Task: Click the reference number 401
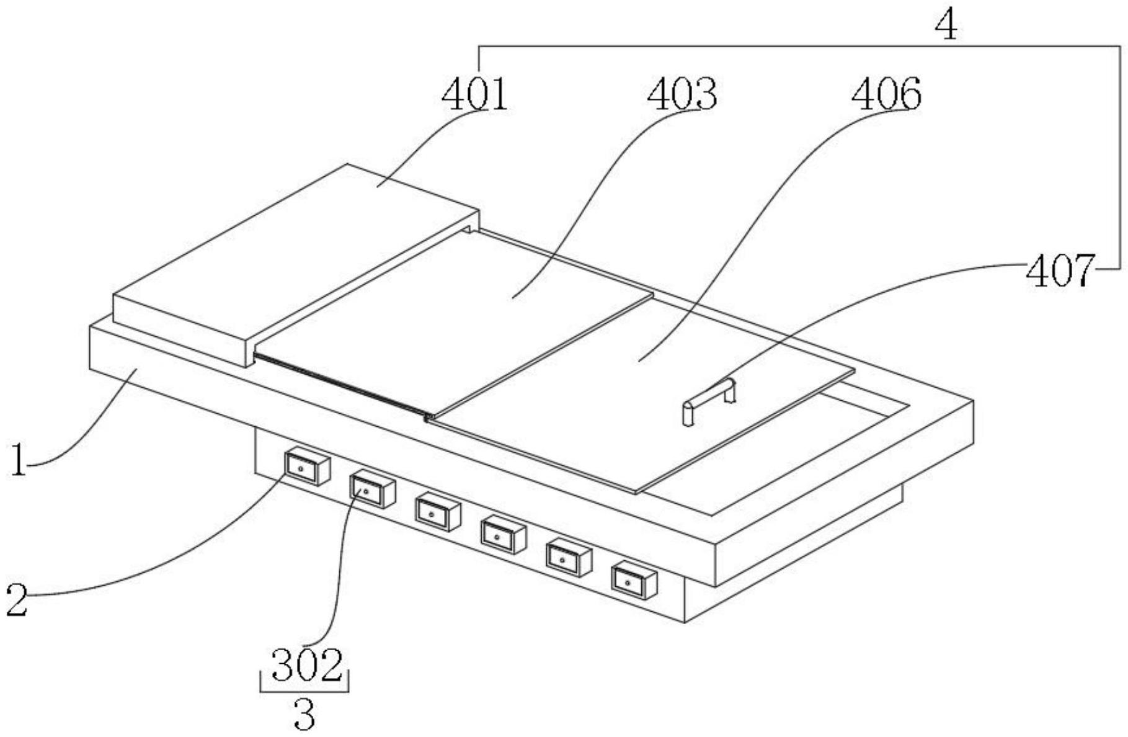point(475,94)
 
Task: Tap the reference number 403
point(682,94)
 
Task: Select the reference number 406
point(887,94)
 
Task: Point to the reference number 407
point(1060,271)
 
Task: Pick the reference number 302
point(307,665)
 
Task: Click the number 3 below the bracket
point(304,715)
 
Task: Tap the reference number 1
point(19,462)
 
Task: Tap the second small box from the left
point(371,489)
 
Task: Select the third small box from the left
point(437,512)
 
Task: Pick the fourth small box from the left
point(503,534)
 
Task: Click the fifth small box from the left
point(568,557)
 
